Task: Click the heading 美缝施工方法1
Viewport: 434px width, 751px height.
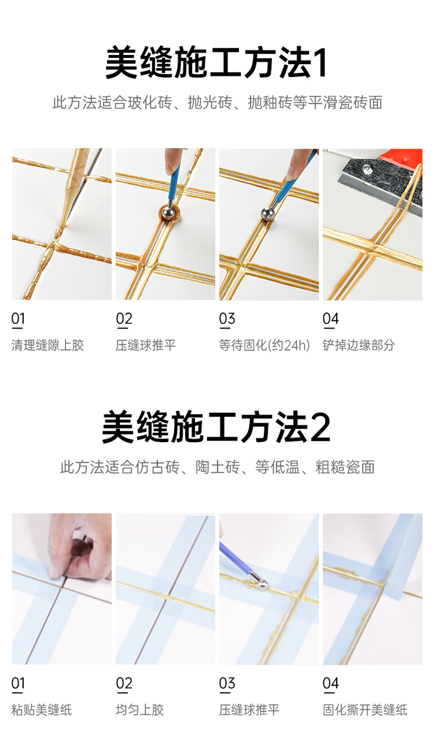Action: tap(216, 63)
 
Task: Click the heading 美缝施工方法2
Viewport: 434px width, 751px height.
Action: tap(216, 427)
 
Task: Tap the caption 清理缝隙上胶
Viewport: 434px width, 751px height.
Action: tap(48, 345)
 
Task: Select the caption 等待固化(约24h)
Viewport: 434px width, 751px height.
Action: tap(264, 345)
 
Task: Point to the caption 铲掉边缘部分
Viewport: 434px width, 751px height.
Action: tap(359, 345)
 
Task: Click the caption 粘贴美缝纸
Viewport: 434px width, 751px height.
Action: tap(42, 710)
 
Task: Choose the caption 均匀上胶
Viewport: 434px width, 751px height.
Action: tap(140, 710)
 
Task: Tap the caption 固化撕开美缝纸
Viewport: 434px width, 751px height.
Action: tap(365, 710)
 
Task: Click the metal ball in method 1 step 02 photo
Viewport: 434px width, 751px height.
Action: tap(168, 213)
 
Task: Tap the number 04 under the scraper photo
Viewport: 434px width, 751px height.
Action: tap(330, 319)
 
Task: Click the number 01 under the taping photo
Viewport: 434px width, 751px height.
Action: tap(18, 683)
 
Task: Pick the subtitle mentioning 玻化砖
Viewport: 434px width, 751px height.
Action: tap(217, 103)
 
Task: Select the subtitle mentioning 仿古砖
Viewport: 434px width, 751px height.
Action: tap(217, 467)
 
